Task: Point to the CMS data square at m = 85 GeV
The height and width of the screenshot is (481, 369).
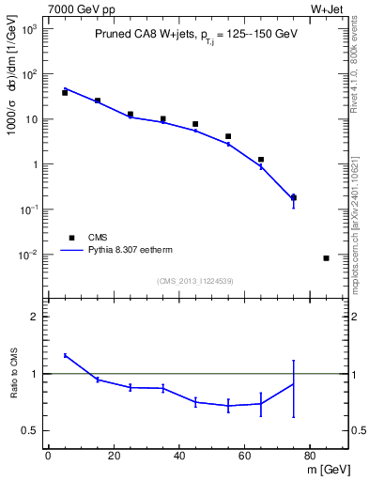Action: (x=326, y=257)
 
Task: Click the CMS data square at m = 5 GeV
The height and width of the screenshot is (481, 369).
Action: (x=65, y=93)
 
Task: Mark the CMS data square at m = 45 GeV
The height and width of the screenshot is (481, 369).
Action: (x=195, y=124)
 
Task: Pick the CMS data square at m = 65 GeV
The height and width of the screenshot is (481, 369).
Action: (x=261, y=160)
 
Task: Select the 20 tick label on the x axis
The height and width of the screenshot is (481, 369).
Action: (x=114, y=456)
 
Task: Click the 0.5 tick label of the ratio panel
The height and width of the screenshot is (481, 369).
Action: (x=32, y=430)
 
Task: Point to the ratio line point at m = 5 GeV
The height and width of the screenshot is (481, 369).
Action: (x=65, y=355)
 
